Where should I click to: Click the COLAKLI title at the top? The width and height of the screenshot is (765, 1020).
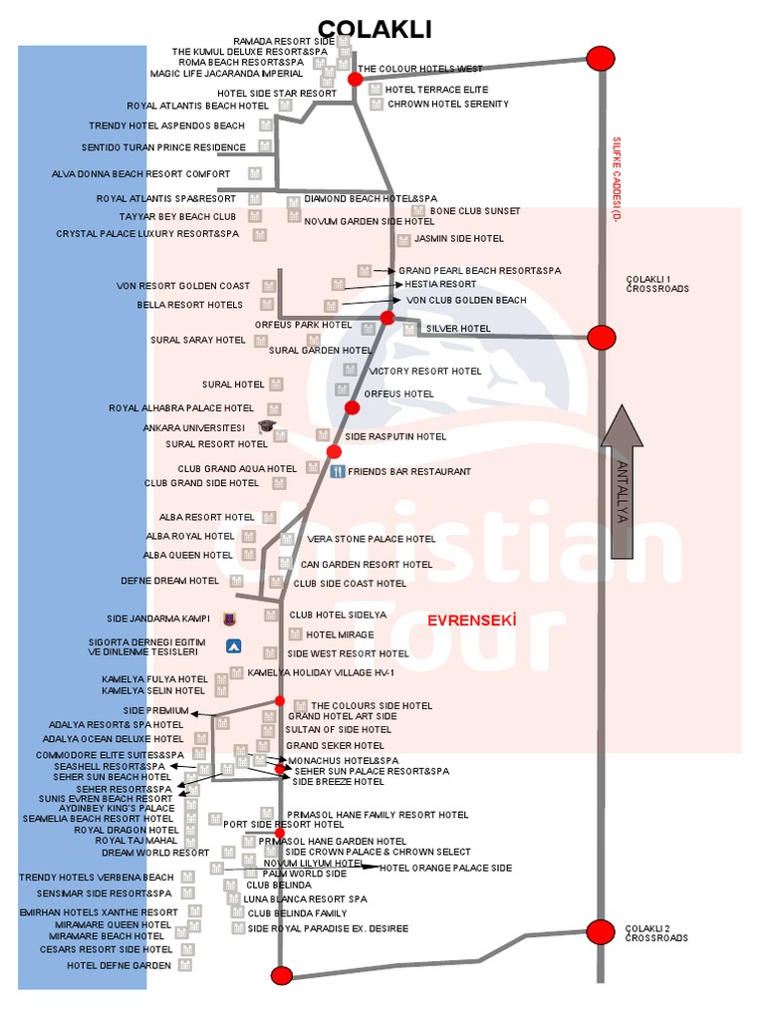[x=375, y=30]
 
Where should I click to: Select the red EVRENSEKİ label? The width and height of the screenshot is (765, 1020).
[x=472, y=621]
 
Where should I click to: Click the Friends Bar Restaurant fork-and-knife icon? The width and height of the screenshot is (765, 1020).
[x=337, y=471]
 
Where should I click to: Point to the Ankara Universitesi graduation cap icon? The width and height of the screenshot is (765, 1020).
[x=266, y=427]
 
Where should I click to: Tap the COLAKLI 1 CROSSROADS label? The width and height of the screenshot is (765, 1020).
[x=656, y=284]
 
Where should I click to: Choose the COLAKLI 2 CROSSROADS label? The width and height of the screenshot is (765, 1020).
[x=656, y=933]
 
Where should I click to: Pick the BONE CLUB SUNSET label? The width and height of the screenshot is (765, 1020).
[x=475, y=211]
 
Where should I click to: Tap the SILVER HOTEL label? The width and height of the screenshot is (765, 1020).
[x=458, y=328]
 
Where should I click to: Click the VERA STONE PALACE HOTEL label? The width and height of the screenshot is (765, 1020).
[x=372, y=539]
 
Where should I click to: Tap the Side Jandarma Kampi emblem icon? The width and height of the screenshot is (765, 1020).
[x=230, y=619]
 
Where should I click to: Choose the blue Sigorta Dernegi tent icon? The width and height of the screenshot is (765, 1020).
[x=234, y=645]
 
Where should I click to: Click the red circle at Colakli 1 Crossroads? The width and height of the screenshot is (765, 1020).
[x=601, y=338]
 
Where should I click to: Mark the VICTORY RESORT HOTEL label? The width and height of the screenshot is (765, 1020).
[x=425, y=372]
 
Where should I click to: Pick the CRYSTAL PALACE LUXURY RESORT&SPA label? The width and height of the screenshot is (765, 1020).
[x=147, y=234]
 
